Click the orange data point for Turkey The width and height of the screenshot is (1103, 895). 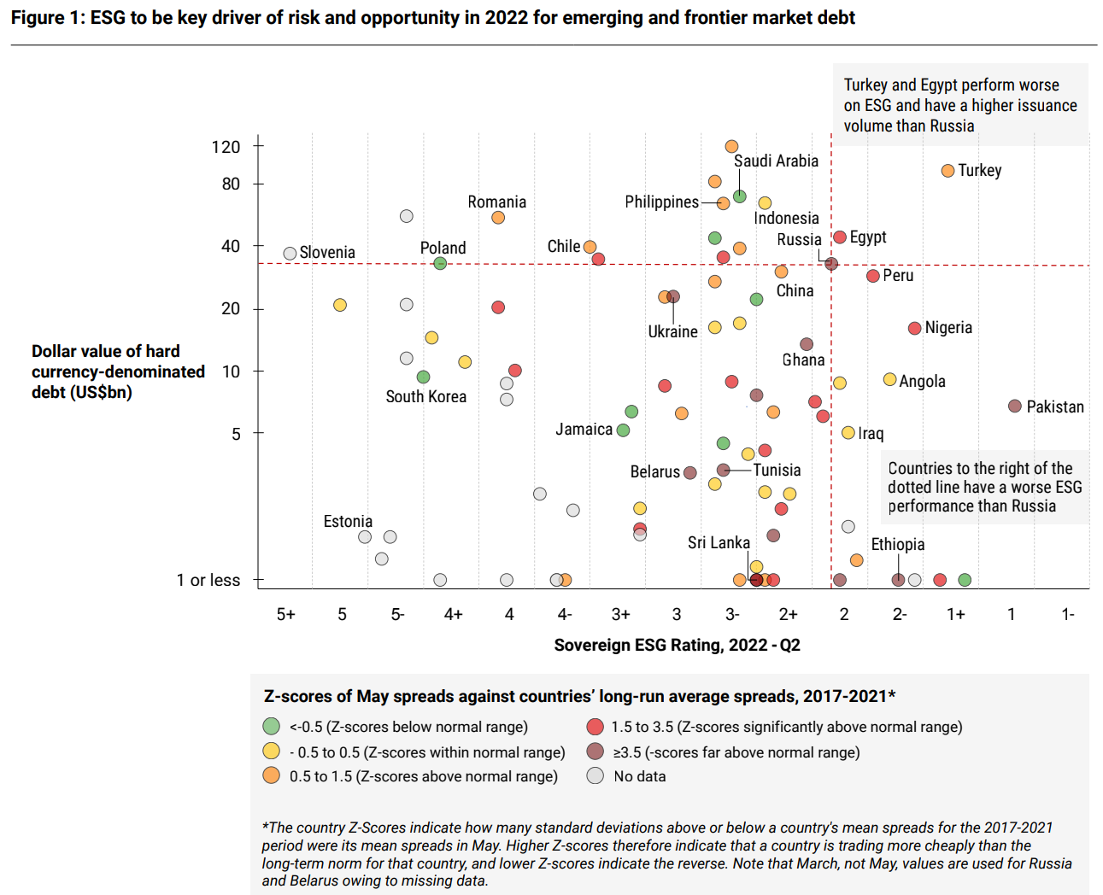[948, 171]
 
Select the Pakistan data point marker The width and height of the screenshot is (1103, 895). [1015, 407]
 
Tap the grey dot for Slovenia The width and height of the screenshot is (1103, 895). [290, 254]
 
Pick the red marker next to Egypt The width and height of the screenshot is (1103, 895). [840, 237]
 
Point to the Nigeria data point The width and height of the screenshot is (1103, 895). [914, 329]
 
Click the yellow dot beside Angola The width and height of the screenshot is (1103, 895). [889, 379]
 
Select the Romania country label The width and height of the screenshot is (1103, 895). [496, 202]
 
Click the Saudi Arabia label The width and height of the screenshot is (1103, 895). [776, 161]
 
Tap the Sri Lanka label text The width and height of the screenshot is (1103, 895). [719, 543]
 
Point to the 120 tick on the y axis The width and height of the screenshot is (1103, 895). [226, 147]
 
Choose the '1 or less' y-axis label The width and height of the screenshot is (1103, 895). [208, 581]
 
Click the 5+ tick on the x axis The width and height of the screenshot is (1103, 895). [285, 615]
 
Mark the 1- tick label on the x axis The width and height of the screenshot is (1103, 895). [1067, 615]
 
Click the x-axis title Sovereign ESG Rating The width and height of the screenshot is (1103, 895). [677, 646]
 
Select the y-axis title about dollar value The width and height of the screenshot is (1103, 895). [118, 371]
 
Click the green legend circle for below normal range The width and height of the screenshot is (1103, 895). [272, 727]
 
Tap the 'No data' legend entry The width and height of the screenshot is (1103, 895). [639, 776]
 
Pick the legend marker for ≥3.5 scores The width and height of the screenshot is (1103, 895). [596, 752]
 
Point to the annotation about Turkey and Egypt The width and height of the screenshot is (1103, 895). [960, 105]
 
